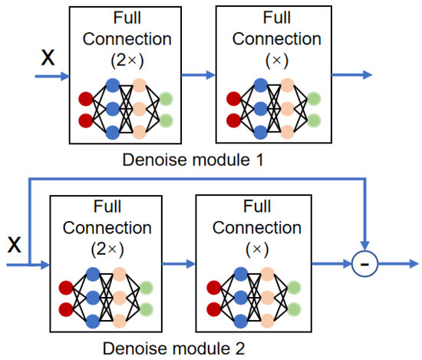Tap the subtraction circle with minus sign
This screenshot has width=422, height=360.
pos(365,266)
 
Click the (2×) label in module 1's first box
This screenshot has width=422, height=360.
pos(127,62)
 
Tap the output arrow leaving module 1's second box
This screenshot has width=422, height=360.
pos(354,74)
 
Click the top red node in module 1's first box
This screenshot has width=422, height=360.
pos(84,98)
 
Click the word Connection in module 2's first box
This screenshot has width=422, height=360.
pos(106,229)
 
